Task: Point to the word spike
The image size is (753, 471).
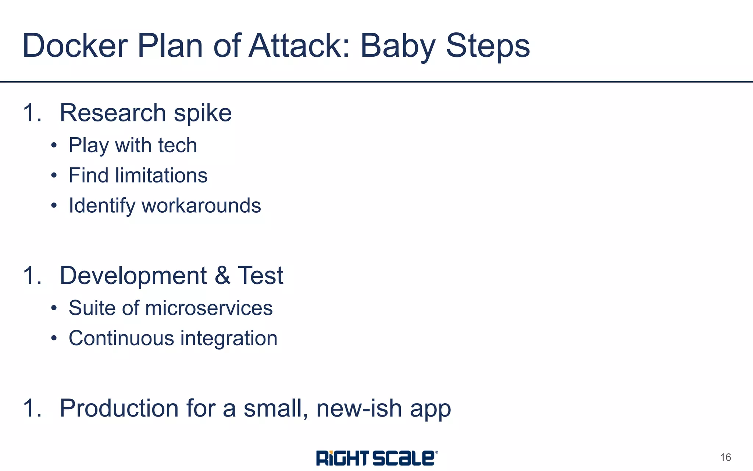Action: point(203,113)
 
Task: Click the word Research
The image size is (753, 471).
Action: point(113,113)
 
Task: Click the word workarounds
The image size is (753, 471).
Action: point(201,205)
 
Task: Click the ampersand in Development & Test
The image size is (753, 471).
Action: point(222,275)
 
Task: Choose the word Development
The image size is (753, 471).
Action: point(133,276)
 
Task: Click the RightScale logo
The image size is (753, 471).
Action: point(377,458)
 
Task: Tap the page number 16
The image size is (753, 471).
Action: point(725,457)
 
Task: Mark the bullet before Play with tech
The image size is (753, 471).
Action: point(54,145)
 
